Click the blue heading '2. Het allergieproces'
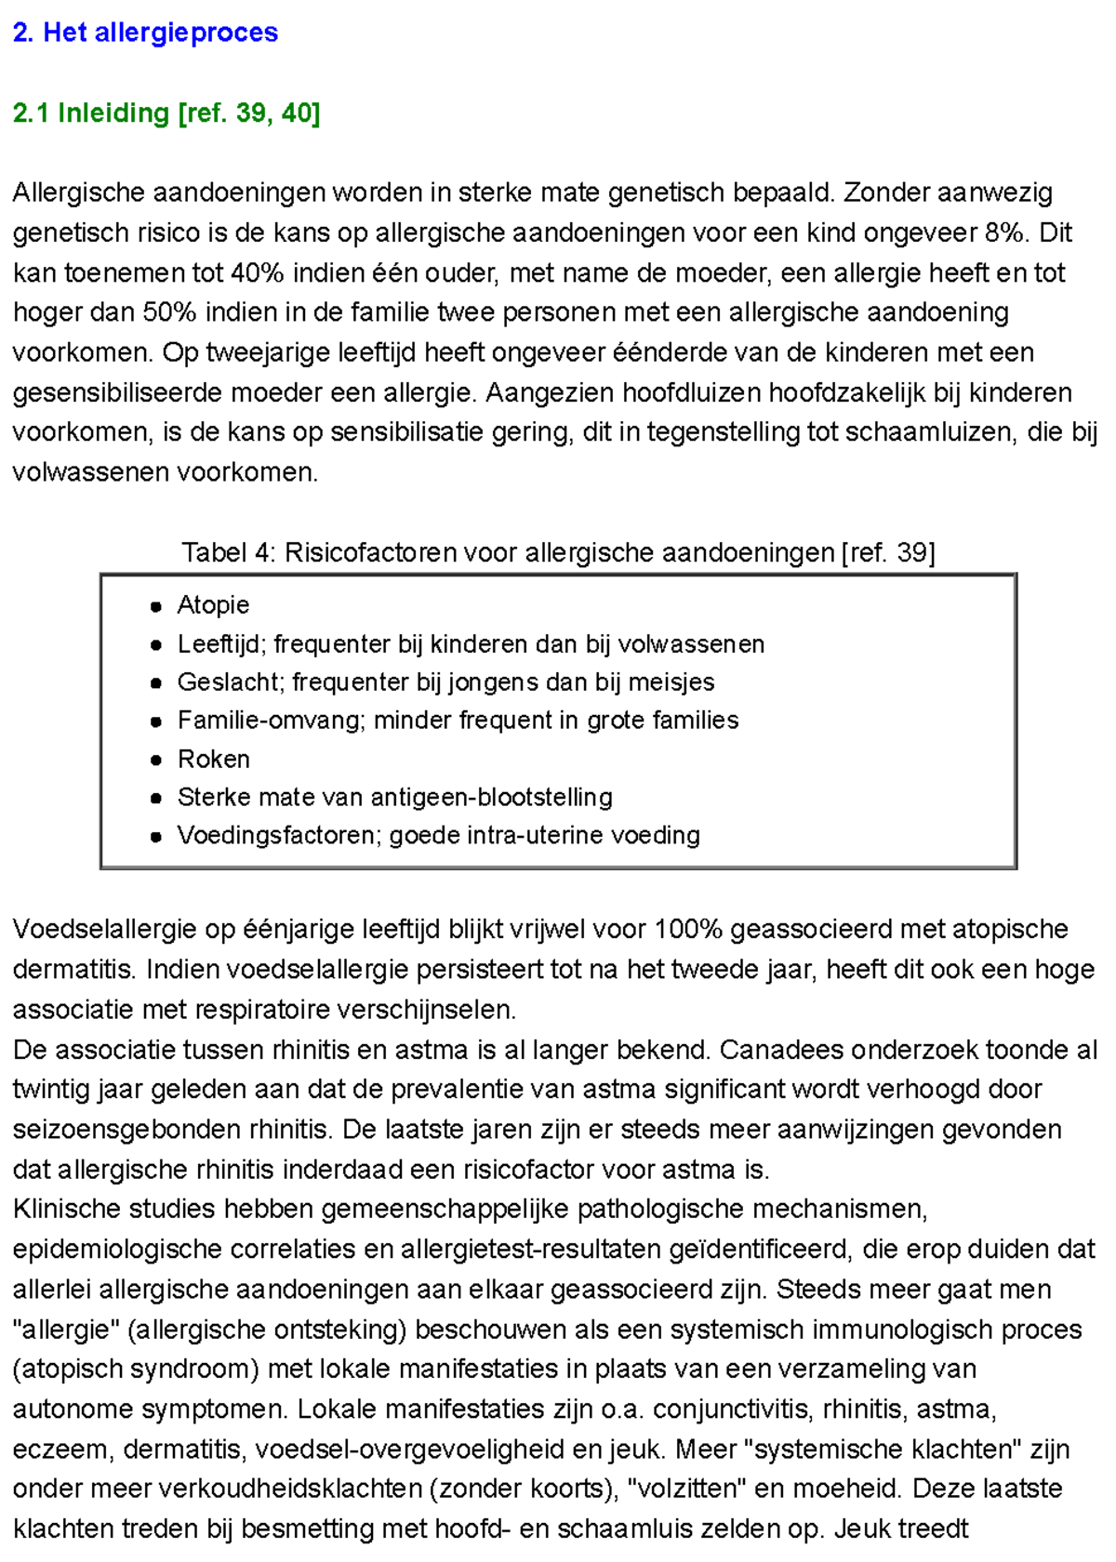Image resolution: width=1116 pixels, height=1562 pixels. (x=145, y=33)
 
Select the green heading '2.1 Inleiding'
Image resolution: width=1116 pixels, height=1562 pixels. (x=91, y=113)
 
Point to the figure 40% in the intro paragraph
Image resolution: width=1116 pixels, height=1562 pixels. (x=258, y=273)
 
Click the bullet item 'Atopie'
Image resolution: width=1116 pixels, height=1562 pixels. (x=213, y=605)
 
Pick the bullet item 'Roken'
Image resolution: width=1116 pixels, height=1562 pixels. (x=213, y=760)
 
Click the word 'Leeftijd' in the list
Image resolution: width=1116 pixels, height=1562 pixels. (x=220, y=644)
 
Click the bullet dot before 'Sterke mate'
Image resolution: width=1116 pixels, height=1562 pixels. (x=155, y=799)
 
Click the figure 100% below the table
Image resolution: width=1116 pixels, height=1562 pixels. (x=688, y=930)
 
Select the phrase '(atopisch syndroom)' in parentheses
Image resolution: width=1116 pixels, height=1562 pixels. (x=136, y=1370)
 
